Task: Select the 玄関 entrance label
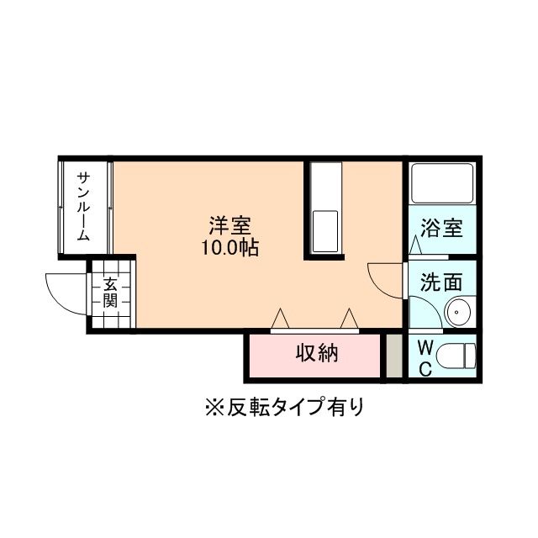[111, 292]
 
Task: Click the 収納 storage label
[316, 353]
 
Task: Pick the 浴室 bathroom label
[442, 228]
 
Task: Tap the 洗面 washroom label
[442, 281]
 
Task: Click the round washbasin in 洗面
[459, 314]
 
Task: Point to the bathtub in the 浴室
[442, 185]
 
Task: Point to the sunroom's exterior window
[61, 206]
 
